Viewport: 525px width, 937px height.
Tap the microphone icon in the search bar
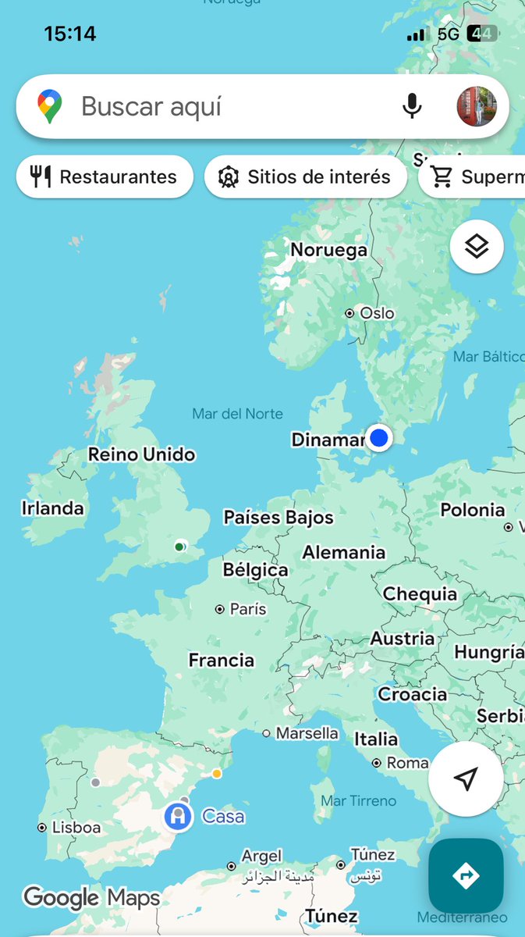point(412,106)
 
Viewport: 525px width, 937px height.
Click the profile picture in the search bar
point(476,106)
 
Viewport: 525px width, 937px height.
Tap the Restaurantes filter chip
point(105,176)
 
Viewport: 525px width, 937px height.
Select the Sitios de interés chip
point(306,176)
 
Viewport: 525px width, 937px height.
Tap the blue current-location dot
point(379,437)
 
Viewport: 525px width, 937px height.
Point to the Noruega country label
point(328,250)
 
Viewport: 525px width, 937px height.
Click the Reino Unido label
point(141,454)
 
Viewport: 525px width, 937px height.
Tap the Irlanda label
point(52,508)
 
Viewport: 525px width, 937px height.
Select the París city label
point(247,609)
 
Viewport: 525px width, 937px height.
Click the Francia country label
point(222,661)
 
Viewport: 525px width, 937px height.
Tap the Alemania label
point(344,553)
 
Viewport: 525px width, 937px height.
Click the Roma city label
point(406,763)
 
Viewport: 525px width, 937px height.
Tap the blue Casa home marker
point(179,817)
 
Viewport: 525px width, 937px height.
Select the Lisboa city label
point(76,828)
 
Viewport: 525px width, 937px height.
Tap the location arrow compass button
point(466,778)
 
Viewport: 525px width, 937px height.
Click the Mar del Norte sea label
point(238,414)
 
